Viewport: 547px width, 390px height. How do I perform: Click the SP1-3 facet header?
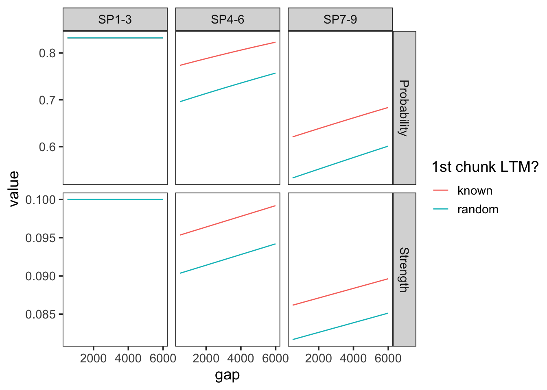[x=115, y=19]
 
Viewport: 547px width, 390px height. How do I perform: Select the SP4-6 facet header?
[x=228, y=19]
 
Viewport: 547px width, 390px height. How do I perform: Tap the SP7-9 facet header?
[x=340, y=19]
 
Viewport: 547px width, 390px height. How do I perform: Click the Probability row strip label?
[x=404, y=108]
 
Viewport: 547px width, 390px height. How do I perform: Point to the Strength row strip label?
[x=404, y=270]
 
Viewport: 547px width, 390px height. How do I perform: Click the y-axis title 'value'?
[x=14, y=188]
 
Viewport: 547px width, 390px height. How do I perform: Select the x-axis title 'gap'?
[x=228, y=375]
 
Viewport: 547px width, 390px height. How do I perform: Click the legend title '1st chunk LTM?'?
[x=485, y=167]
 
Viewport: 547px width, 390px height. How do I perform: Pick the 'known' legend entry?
[x=475, y=191]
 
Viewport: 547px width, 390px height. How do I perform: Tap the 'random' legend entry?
[x=477, y=209]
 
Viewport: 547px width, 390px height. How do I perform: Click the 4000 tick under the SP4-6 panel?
[x=241, y=358]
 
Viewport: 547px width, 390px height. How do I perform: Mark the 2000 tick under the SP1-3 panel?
[x=93, y=358]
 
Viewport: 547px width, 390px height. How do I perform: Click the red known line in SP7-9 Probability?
[x=340, y=122]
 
